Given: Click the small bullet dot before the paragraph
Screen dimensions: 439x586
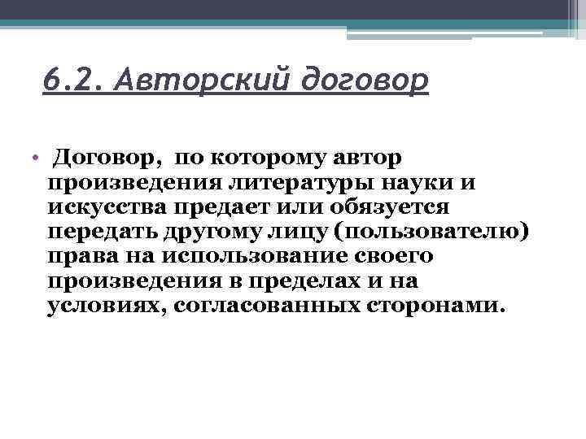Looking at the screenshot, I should click(37, 156).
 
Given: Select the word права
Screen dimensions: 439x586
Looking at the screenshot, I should click(80, 257).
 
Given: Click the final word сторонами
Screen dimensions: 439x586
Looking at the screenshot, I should click(435, 307).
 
